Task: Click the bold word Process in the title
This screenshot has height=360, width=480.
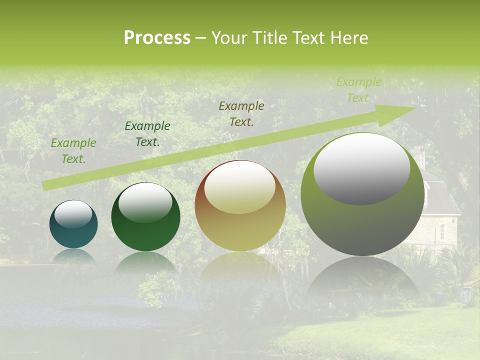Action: click(157, 38)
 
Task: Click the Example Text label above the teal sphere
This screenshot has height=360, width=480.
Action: click(73, 151)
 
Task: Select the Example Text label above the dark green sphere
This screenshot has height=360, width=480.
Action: click(147, 134)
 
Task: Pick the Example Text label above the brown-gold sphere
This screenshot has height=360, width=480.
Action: click(241, 114)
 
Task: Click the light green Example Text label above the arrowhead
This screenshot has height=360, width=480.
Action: click(358, 90)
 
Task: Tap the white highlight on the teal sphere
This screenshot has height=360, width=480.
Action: click(73, 214)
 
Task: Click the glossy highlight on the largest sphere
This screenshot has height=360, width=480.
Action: click(362, 168)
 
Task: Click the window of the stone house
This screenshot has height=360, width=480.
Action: click(441, 230)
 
